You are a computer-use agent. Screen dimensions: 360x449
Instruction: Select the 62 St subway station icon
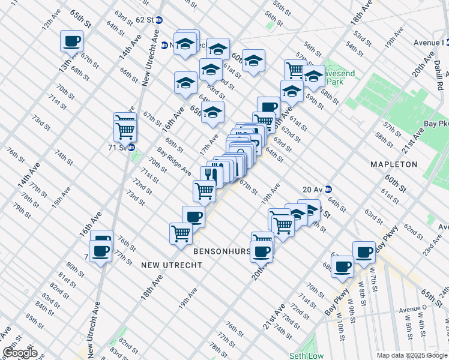coord(159,19)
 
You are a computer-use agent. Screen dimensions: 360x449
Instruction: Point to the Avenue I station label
coord(428,43)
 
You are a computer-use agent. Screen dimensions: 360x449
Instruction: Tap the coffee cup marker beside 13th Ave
coord(71,41)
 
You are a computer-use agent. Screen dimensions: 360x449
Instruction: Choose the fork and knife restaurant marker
coord(208,174)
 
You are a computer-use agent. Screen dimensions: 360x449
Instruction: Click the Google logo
coord(20,353)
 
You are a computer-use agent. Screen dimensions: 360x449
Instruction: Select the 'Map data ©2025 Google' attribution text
coord(411,355)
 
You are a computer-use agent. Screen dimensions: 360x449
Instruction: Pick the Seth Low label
coord(306,356)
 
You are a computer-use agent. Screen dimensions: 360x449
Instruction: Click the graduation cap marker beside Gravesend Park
coord(313,76)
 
